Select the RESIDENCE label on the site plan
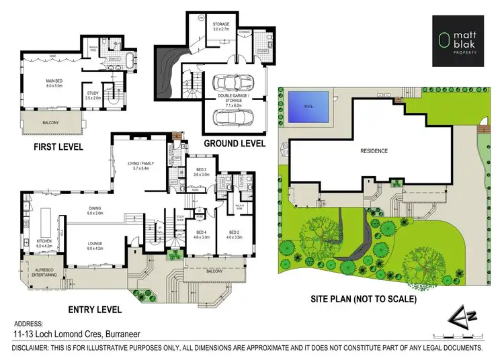click(374, 150)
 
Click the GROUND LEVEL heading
click(234, 144)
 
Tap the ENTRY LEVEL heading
click(95, 310)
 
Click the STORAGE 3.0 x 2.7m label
click(220, 28)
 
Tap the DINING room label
click(94, 210)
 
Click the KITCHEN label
click(44, 243)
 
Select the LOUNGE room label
click(94, 246)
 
